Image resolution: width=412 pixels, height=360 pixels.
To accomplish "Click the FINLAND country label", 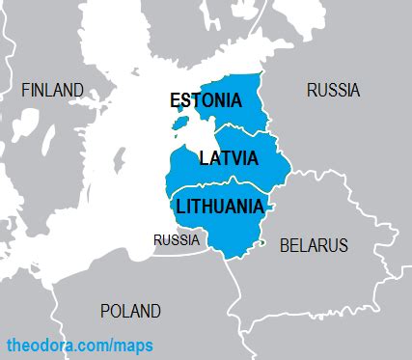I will point(52,90).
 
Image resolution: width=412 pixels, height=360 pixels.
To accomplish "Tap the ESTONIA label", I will point(205,100).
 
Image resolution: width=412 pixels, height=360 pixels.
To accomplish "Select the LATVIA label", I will point(228,157).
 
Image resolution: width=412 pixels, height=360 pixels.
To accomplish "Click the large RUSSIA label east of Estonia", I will point(333,90).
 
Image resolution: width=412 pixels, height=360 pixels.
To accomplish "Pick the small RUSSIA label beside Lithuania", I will point(177,239).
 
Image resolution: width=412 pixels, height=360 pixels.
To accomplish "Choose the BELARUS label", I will point(314,245).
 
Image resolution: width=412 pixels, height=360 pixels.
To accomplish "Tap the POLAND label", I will point(130,311).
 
